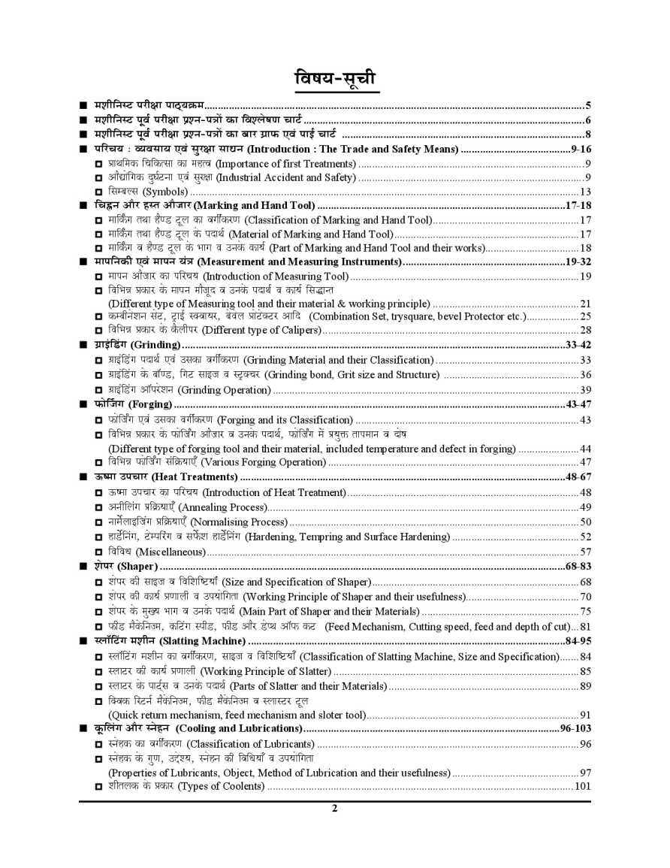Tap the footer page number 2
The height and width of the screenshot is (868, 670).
(x=335, y=809)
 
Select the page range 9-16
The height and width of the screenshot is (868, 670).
(x=581, y=150)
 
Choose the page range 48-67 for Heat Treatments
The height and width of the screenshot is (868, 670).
(x=578, y=477)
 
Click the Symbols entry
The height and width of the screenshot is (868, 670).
(x=146, y=192)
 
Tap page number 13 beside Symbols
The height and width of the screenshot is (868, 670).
(x=585, y=192)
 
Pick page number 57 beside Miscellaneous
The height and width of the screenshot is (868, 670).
(x=585, y=552)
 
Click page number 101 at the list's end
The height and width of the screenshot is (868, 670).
(x=582, y=787)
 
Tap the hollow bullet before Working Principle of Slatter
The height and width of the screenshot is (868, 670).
(x=99, y=671)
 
